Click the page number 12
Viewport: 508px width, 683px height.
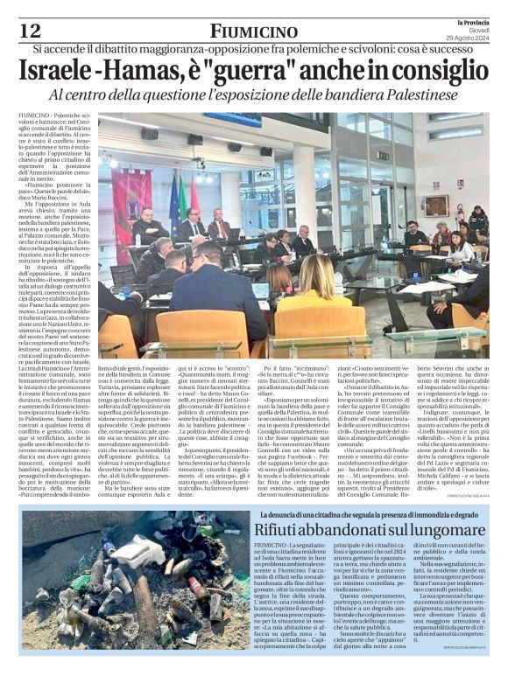29,31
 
